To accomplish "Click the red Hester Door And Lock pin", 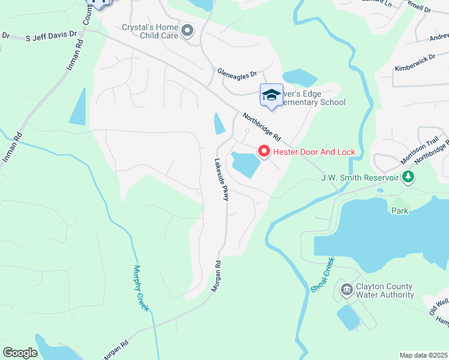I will click(264, 152).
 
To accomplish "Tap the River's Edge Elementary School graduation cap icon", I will click(271, 95).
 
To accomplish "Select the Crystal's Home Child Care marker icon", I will click(188, 30).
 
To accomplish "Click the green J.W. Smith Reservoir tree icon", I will click(409, 177).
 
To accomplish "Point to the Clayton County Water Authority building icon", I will click(347, 290).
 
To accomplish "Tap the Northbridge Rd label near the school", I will click(262, 127).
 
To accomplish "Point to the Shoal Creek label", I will click(322, 275).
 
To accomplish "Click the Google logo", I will click(20, 353).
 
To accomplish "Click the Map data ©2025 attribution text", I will click(423, 355).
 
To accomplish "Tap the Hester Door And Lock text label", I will click(314, 152).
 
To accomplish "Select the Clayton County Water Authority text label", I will click(385, 290).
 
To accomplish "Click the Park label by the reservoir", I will click(400, 211).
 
